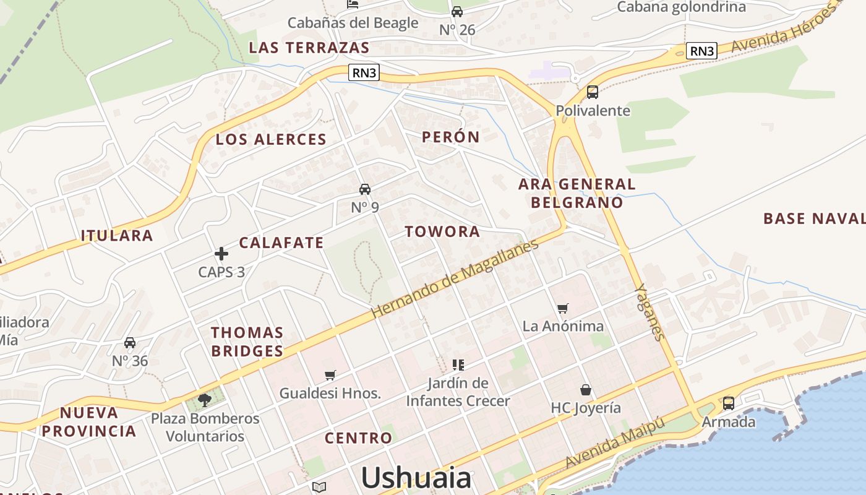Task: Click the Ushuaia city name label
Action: coord(416,478)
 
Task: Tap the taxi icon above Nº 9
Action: coord(365,189)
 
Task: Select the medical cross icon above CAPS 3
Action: coord(221,253)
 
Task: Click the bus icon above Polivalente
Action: coord(593,92)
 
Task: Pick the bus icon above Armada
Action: coord(729,403)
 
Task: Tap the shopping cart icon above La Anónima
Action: coord(562,308)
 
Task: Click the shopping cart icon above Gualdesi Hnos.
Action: coord(330,375)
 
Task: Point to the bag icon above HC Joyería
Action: coord(585,390)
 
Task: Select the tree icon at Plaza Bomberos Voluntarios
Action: coord(205,400)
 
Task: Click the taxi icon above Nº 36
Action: coord(130,343)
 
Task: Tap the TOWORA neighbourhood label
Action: coord(442,232)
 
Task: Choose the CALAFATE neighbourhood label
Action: coord(281,243)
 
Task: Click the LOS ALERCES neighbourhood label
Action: coord(271,140)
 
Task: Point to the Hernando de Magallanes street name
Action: coord(455,279)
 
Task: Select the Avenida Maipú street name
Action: coord(615,443)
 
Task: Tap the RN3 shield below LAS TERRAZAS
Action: coord(363,73)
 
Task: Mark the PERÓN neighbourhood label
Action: coord(451,137)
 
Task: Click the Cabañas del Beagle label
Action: coord(353,23)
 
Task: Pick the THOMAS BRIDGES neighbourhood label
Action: coord(247,342)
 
